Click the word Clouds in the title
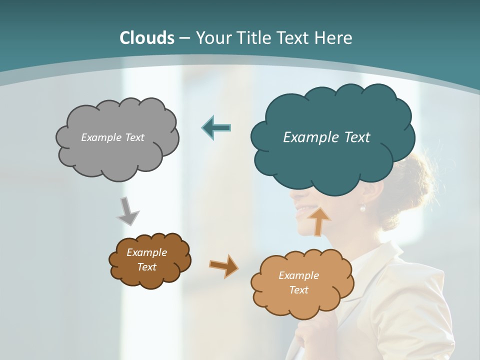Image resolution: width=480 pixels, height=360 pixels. [147, 38]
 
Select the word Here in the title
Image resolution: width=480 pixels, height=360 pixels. [333, 38]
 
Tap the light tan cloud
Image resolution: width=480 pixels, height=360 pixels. [302, 300]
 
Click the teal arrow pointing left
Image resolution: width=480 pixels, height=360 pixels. [216, 128]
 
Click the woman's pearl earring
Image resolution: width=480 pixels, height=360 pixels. [362, 207]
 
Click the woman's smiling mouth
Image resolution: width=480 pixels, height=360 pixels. [302, 210]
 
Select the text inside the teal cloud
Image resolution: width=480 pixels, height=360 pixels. [326, 137]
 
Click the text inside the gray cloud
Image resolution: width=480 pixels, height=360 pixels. [112, 137]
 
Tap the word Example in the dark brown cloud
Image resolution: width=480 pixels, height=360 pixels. [146, 252]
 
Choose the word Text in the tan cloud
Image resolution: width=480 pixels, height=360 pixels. [298, 290]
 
